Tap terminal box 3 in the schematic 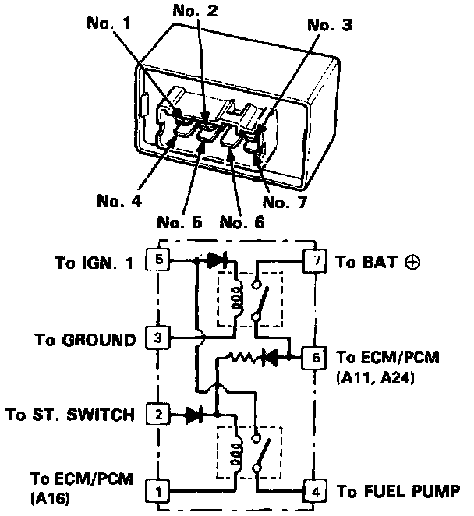pyautogui.click(x=159, y=339)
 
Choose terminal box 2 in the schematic pyautogui.click(x=159, y=415)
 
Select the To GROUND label pyautogui.click(x=85, y=340)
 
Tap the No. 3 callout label pyautogui.click(x=330, y=26)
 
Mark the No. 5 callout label pyautogui.click(x=180, y=221)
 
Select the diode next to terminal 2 pyautogui.click(x=196, y=415)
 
